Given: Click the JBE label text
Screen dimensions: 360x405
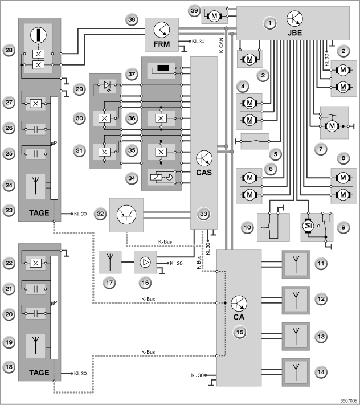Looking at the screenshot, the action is pos(294,33).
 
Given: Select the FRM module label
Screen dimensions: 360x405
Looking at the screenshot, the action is pos(162,44).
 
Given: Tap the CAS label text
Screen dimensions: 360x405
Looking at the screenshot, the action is pos(204,172).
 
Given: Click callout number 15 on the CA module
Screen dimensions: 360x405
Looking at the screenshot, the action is pos(240,332).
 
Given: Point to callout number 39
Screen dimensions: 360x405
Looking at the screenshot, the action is pos(194,11).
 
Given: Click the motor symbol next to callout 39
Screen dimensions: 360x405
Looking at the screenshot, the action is pos(214,17).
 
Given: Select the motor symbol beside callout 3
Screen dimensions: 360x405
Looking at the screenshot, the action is pos(249,59).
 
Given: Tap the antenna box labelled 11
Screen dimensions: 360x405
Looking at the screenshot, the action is pos(296,264).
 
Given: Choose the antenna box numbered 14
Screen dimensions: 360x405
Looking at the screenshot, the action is pos(296,372).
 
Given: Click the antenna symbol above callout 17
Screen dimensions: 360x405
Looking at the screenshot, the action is pos(110,262).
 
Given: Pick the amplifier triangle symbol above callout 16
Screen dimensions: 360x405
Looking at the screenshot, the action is pos(145,262).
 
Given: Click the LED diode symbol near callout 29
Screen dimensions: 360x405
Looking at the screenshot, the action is pos(107,85).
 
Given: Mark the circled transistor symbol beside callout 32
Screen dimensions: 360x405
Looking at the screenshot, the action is pos(126,215).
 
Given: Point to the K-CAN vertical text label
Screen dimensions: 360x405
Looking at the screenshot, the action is pos(222,46).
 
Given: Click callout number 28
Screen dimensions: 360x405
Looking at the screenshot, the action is pos(9,50).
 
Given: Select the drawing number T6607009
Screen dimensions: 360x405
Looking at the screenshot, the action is pos(348,400).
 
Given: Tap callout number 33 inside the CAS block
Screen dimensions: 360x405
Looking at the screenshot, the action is pos(204,214).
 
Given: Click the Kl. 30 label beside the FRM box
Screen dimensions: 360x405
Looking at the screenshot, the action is pos(198,42).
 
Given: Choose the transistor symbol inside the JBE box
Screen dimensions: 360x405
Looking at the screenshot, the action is pos(294,19).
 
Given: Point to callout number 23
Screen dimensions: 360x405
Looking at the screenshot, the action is pos(9,210).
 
